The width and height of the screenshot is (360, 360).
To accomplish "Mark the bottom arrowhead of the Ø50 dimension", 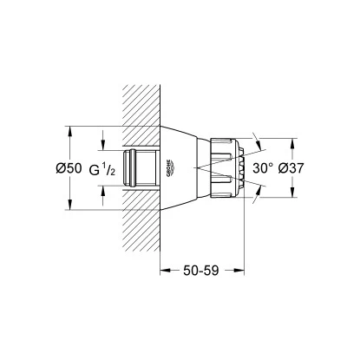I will [x=69, y=206].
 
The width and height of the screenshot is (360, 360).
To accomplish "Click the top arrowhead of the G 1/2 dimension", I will [x=104, y=143].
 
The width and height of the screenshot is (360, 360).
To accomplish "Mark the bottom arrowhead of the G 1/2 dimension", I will [x=104, y=191].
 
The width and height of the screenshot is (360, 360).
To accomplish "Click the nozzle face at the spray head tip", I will [x=248, y=167].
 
